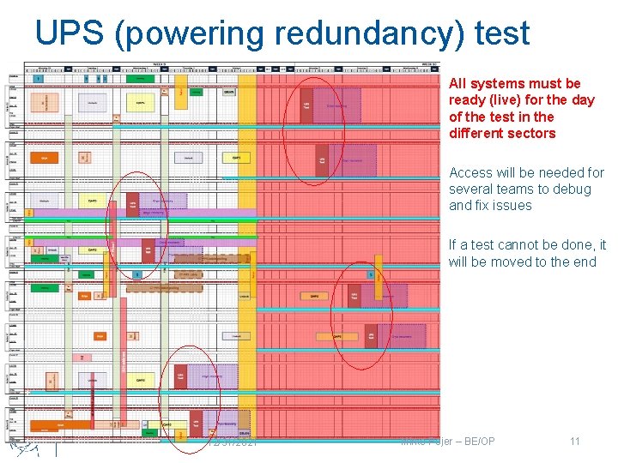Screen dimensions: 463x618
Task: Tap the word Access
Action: point(471,173)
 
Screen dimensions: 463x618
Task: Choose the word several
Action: point(472,189)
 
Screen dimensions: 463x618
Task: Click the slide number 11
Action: point(575,442)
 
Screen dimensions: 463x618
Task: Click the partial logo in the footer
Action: point(27,448)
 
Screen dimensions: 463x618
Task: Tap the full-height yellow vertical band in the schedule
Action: point(247,257)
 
